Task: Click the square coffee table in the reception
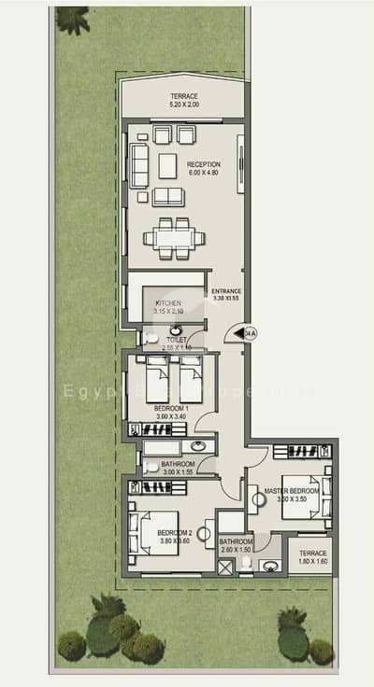tap(167, 165)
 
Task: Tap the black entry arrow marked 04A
tap(243, 331)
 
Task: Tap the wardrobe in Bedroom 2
tap(156, 488)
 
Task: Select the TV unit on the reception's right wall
tap(242, 164)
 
